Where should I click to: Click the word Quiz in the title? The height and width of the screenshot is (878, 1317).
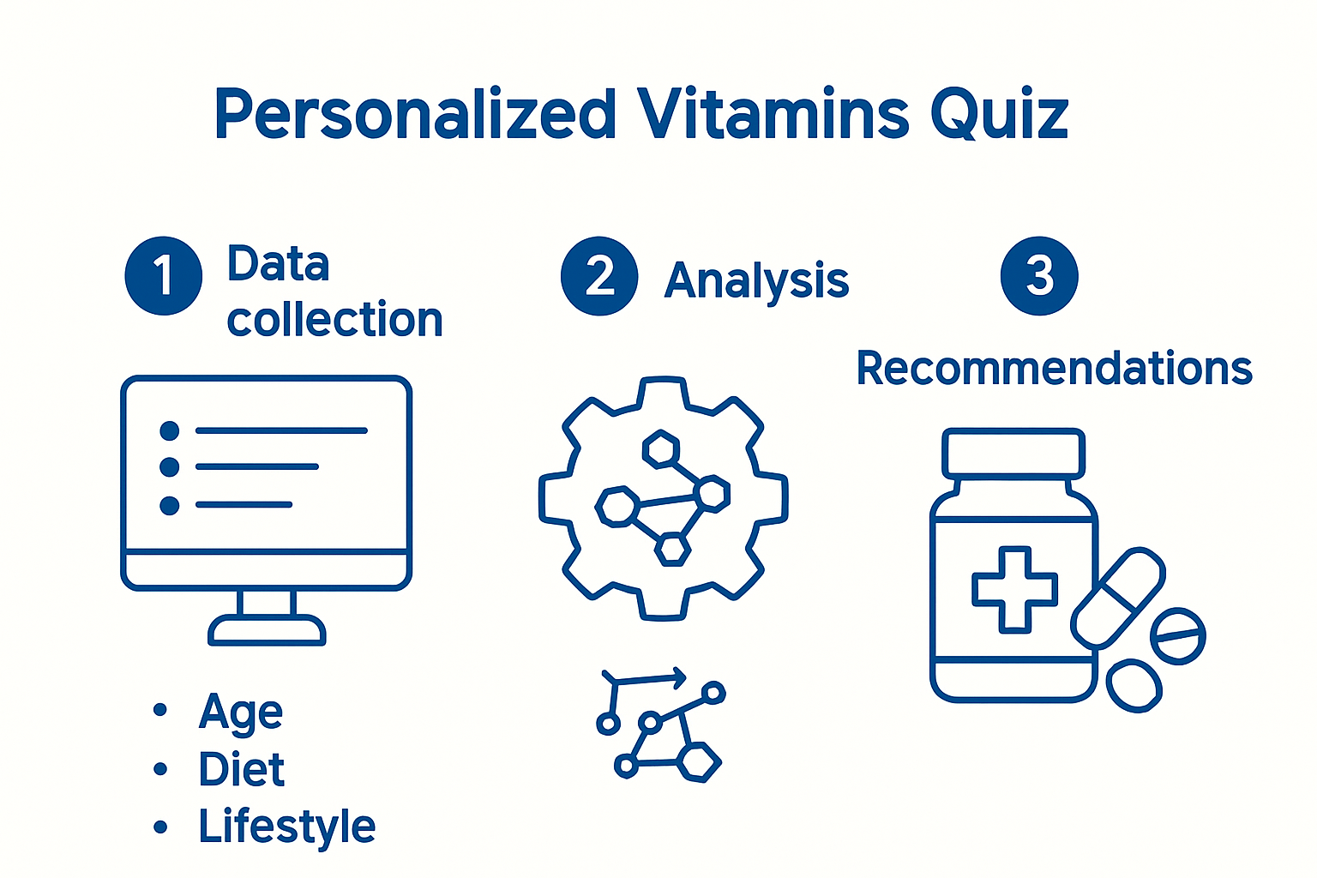click(1000, 116)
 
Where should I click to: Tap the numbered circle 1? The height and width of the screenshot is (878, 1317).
click(163, 276)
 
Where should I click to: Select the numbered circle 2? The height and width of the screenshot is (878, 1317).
click(599, 276)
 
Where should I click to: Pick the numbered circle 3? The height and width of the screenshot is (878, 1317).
click(1039, 276)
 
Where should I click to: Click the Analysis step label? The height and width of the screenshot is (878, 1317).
click(756, 280)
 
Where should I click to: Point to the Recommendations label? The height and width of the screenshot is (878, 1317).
click(1054, 369)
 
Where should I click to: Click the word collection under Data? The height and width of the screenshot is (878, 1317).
click(334, 320)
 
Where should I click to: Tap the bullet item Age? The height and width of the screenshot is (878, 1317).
click(240, 712)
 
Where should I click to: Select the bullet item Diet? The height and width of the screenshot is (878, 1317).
click(241, 769)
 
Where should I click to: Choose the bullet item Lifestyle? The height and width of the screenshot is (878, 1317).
click(286, 827)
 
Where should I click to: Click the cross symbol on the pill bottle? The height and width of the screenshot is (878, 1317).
click(1014, 589)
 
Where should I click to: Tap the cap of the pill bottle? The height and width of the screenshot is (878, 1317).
click(1013, 454)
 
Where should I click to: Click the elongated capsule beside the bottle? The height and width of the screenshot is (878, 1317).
click(1118, 598)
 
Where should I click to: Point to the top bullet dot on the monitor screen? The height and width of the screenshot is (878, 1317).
click(170, 430)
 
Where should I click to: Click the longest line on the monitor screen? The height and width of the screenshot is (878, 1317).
click(281, 430)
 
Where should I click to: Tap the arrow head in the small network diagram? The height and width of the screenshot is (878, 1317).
click(680, 678)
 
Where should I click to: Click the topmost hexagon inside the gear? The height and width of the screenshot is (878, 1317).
click(661, 449)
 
